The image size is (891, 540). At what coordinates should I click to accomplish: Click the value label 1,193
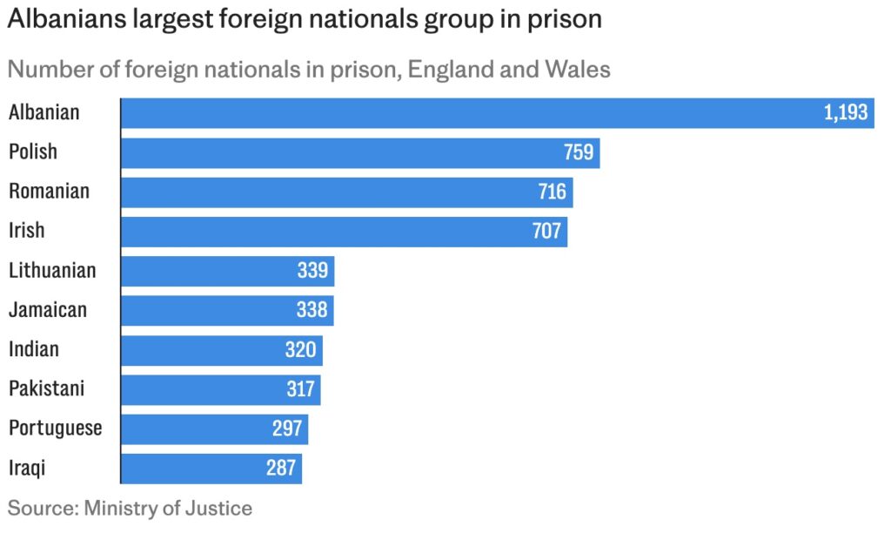[x=846, y=112]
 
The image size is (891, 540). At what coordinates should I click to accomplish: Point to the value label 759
[x=578, y=152]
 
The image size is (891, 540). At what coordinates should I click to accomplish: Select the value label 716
[x=552, y=192]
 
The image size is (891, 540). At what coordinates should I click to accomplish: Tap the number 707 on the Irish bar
[x=546, y=232]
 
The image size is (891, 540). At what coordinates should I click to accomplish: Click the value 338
[x=312, y=310]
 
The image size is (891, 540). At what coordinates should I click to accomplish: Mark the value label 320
[x=301, y=349]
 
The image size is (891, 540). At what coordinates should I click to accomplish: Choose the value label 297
[x=287, y=429]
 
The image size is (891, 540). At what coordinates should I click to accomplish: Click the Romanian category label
[x=49, y=191]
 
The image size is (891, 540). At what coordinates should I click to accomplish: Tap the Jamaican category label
[x=48, y=309]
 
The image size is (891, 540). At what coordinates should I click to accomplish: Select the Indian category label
[x=34, y=349]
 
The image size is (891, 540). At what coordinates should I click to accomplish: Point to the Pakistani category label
[x=47, y=388]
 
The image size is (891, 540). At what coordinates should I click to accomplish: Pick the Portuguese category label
[x=55, y=429]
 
